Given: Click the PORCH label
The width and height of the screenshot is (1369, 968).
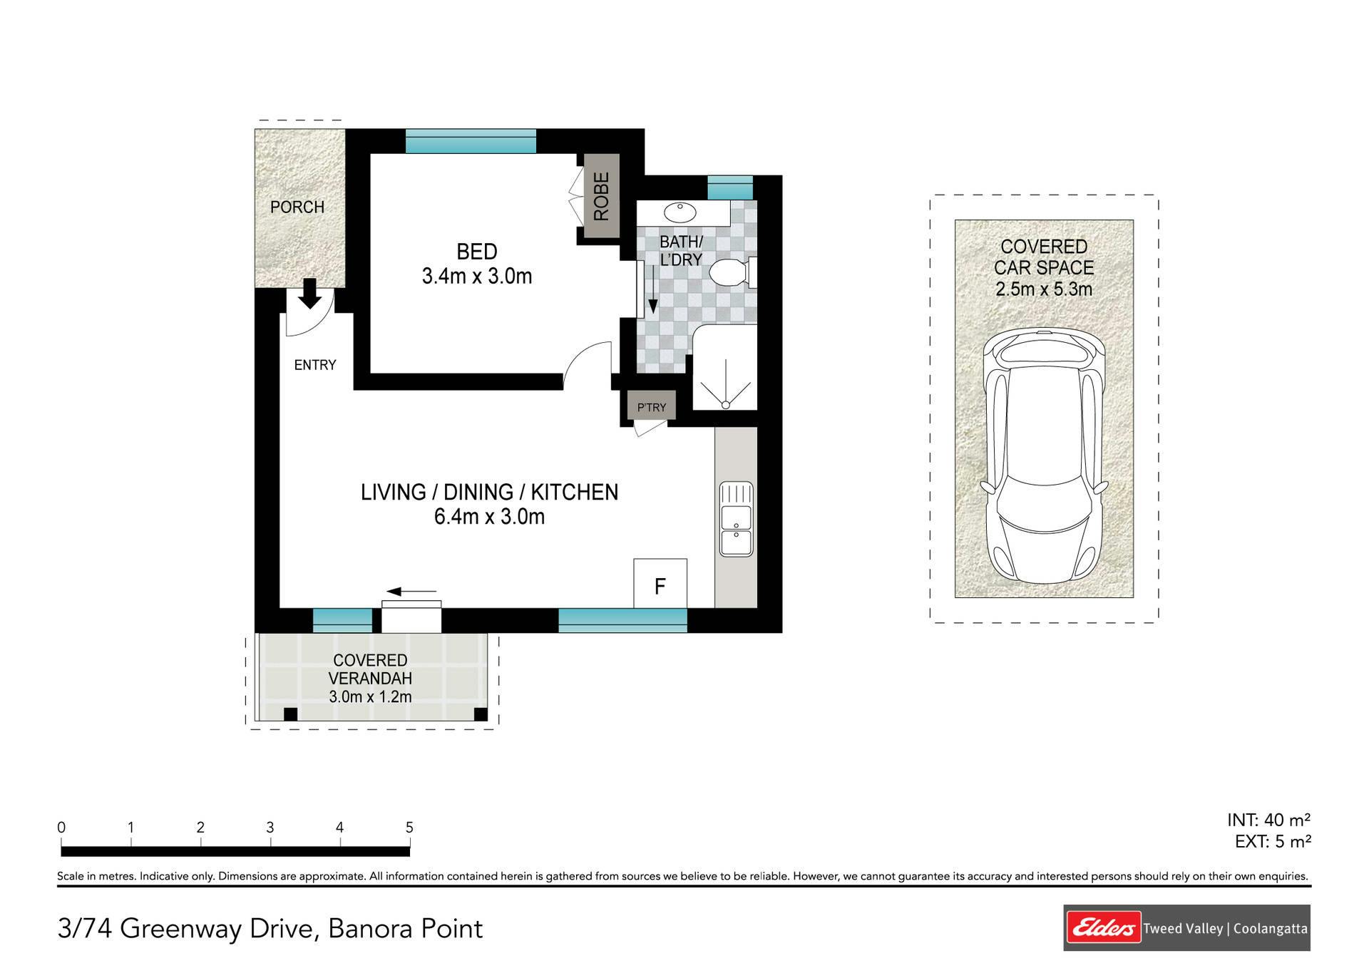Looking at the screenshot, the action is (297, 207).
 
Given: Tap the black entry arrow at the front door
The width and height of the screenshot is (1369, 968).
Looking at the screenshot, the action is (309, 294).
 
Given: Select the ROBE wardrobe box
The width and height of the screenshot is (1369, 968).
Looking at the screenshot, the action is (602, 197).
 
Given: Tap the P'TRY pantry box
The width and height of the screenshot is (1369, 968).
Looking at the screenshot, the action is (652, 407).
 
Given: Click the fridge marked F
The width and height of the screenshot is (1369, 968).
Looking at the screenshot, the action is (660, 584).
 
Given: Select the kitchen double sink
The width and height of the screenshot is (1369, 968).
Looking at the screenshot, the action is (736, 519).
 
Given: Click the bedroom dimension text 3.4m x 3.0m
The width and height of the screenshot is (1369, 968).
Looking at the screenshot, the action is (477, 277).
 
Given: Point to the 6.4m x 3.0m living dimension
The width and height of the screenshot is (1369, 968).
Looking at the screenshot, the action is (489, 517).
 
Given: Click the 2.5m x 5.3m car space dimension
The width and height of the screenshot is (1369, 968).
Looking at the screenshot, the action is (1044, 289).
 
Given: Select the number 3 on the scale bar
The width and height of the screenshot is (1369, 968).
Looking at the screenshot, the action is (270, 828).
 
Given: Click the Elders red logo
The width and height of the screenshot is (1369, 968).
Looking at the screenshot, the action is (1103, 928).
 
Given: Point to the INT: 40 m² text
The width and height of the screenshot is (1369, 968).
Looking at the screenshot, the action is (1269, 820).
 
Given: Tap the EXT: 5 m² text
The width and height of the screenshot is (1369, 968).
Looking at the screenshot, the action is (1273, 842).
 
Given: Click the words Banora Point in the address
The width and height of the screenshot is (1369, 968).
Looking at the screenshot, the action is (405, 929).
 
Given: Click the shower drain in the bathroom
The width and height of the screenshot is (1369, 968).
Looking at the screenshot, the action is (725, 405).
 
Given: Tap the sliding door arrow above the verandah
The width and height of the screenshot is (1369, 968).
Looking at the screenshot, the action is (411, 592).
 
